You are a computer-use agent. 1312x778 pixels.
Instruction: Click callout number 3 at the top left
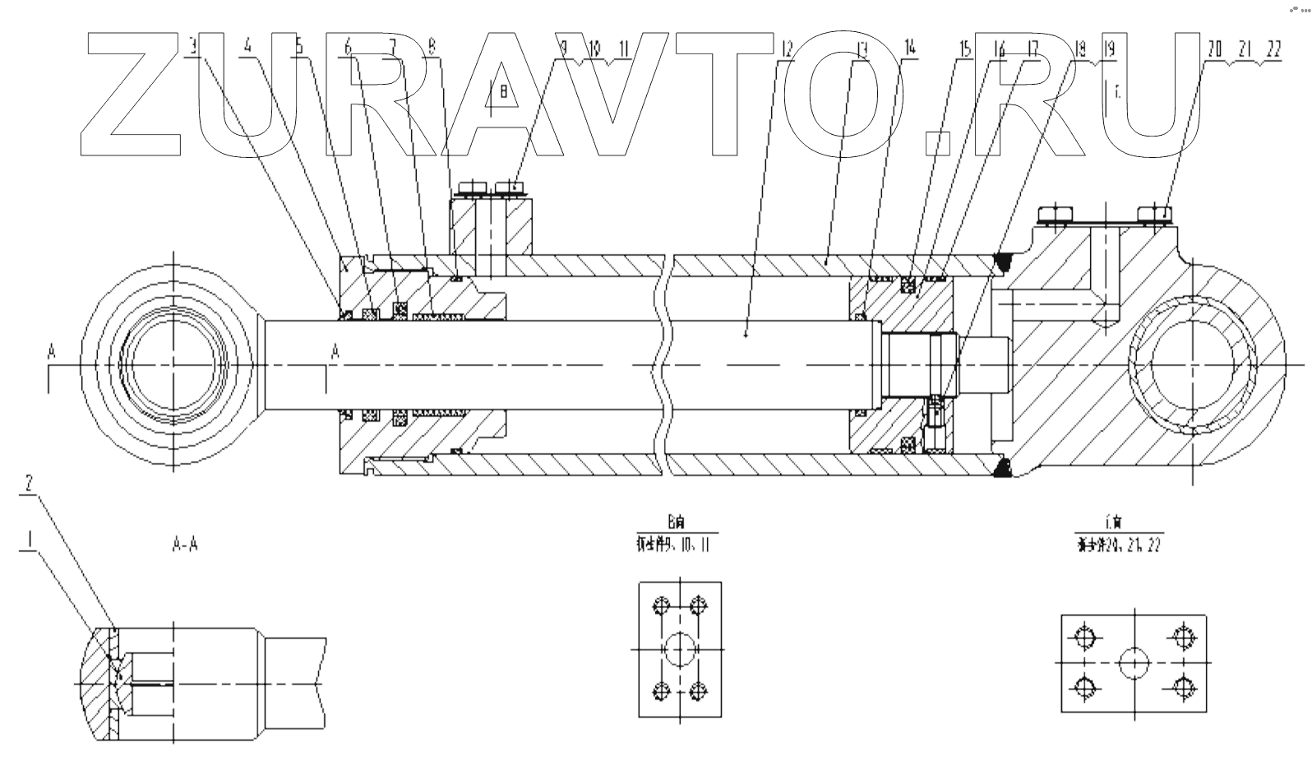[194, 48]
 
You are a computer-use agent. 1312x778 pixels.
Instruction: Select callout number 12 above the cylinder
[787, 48]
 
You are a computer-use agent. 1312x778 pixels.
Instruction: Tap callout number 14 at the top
[909, 48]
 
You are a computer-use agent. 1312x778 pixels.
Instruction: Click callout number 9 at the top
[564, 48]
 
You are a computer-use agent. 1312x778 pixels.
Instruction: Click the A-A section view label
[184, 546]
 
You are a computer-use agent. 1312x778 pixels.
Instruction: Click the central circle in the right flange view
[1134, 661]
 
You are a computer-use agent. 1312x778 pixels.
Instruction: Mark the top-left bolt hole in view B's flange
[659, 607]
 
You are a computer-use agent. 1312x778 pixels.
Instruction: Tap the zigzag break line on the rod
[661, 362]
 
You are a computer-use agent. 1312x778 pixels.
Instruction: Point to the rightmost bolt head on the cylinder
[1155, 215]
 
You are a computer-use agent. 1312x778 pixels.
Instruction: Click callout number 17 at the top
[1033, 48]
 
